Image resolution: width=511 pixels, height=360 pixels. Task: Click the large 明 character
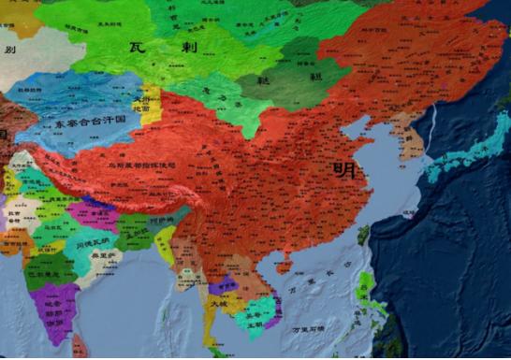click(x=343, y=170)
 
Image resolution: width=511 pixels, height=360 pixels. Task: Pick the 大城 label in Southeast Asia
click(x=219, y=303)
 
